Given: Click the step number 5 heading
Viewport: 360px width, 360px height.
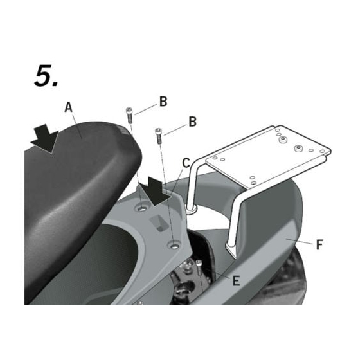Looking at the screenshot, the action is pos(46,76).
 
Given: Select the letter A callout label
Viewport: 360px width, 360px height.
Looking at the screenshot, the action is pos(68,107).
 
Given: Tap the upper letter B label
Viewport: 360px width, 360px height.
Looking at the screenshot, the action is pos(163,102).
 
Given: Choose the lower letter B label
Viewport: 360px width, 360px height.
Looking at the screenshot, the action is pos(193,122).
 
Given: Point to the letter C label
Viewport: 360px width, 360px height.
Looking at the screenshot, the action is pos(186,163).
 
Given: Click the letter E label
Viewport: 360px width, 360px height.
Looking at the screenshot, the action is pos(237,280).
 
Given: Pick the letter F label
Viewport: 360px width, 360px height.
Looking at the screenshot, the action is pos(319,244).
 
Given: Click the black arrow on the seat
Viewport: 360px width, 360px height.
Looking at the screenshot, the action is pos(45,138).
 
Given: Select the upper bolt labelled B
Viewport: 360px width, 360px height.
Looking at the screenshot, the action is pos(129,115).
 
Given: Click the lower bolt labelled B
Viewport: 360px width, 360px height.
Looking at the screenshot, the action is pos(159,136).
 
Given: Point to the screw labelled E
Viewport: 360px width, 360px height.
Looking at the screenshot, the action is pos(199,267).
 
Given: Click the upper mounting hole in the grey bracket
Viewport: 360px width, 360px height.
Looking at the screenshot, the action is pos(143,209).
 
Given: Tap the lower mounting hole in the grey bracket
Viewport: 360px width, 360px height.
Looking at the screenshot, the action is pos(175,246).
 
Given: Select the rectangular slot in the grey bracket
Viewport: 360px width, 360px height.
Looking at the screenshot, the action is pos(159,222).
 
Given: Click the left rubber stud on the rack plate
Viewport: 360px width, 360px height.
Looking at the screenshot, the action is pos(283,139).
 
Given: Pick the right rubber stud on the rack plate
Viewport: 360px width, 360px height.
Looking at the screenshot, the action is pos(298,148).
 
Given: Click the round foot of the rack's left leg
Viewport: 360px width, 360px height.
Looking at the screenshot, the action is pos(191,210).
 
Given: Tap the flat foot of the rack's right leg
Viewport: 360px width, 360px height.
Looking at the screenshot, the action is pos(231,250).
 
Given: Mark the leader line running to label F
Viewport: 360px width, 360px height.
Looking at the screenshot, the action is pos(299,241).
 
